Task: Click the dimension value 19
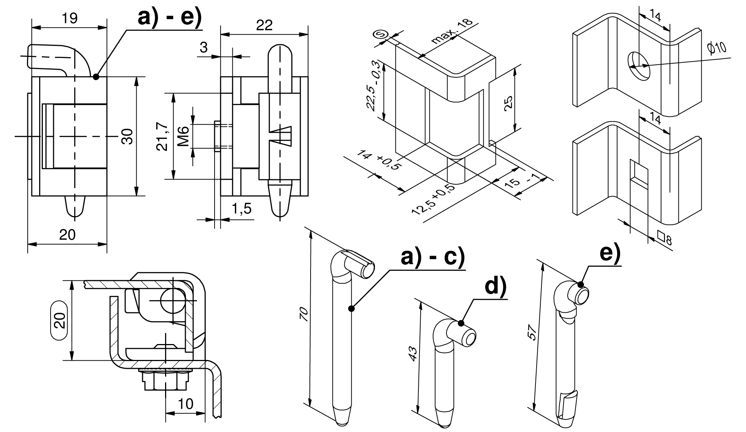pos(69,18)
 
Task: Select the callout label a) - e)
pos(170,17)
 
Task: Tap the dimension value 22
pos(264,25)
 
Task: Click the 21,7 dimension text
pos(163,136)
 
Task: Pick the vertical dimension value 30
pos(127,136)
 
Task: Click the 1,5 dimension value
pos(242,209)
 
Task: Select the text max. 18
pos(452,31)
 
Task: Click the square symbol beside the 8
pos(661,235)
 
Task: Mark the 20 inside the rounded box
pos(59,320)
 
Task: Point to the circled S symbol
pos(380,35)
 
